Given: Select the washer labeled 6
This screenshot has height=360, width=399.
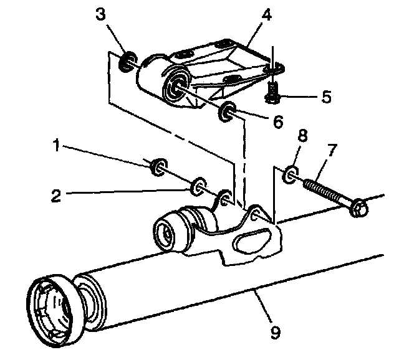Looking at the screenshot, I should [x=227, y=113].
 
